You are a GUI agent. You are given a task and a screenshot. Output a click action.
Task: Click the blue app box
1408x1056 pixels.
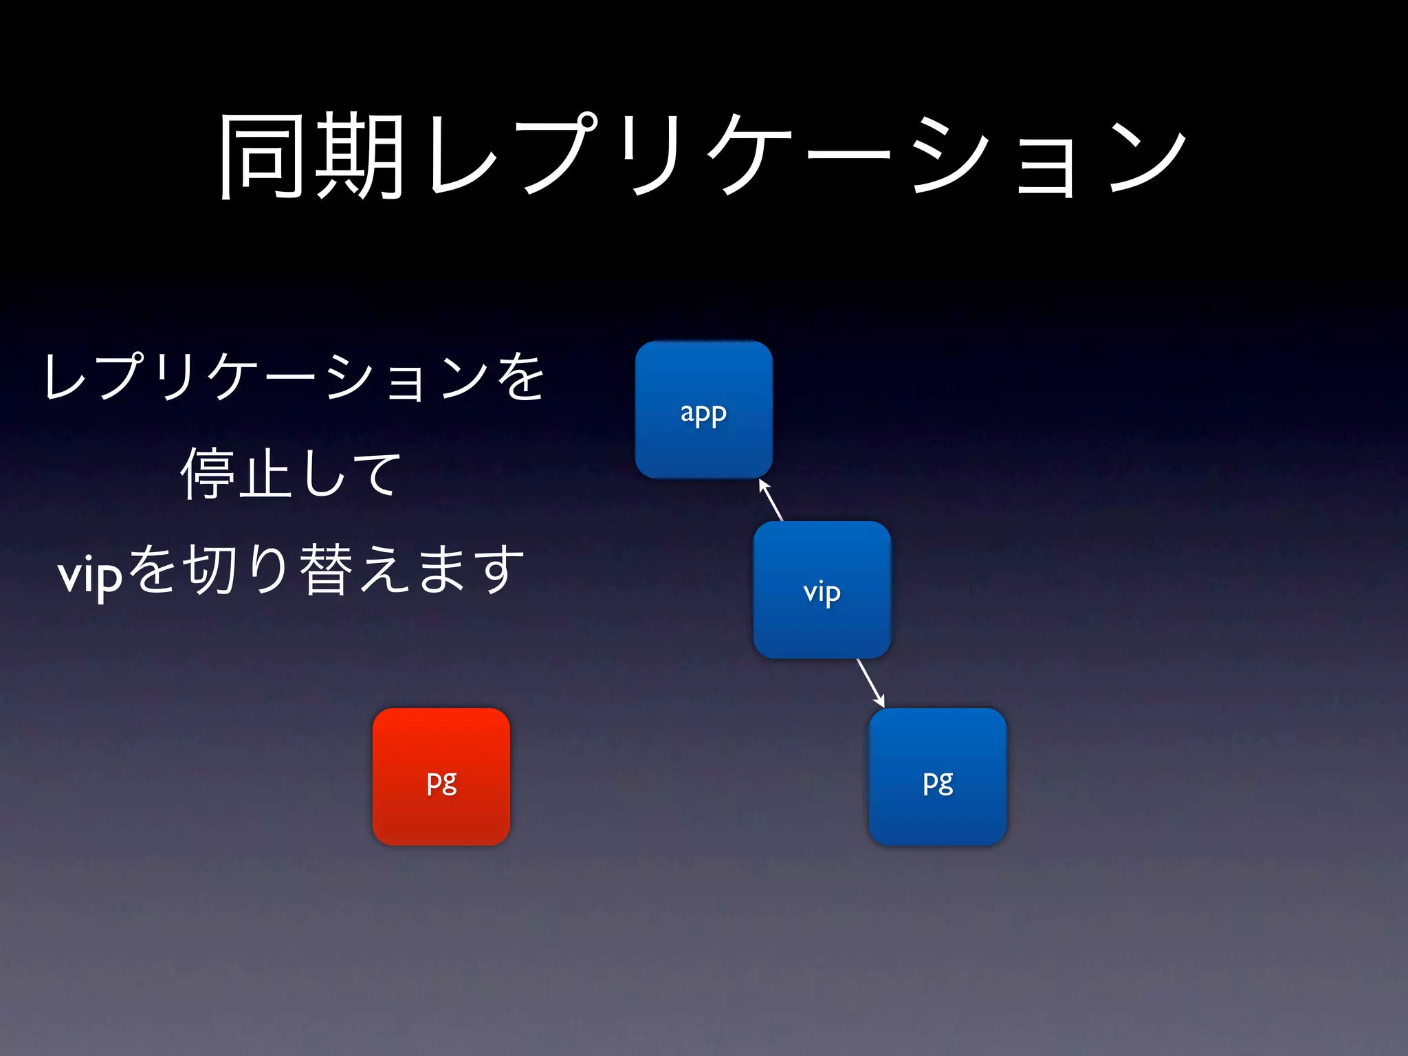click(x=703, y=410)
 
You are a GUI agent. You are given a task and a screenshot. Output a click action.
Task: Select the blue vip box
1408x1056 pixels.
click(x=822, y=589)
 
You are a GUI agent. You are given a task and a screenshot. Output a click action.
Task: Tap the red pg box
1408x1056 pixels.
click(x=441, y=776)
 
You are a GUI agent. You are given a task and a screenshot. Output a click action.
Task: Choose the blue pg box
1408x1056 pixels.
click(x=937, y=776)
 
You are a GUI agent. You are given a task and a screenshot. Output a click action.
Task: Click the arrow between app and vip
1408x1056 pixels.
click(x=771, y=500)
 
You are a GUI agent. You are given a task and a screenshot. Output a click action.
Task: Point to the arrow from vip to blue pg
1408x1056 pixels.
click(x=870, y=683)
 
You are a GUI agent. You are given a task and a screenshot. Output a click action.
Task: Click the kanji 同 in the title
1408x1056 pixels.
click(x=262, y=157)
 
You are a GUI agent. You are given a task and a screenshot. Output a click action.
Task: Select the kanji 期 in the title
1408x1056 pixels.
click(x=359, y=157)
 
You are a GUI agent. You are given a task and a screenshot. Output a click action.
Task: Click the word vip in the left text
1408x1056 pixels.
click(x=90, y=574)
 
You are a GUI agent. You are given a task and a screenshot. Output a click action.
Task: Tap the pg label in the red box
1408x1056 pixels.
click(x=441, y=782)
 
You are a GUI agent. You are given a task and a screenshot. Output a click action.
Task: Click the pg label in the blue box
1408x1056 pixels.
click(x=938, y=782)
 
